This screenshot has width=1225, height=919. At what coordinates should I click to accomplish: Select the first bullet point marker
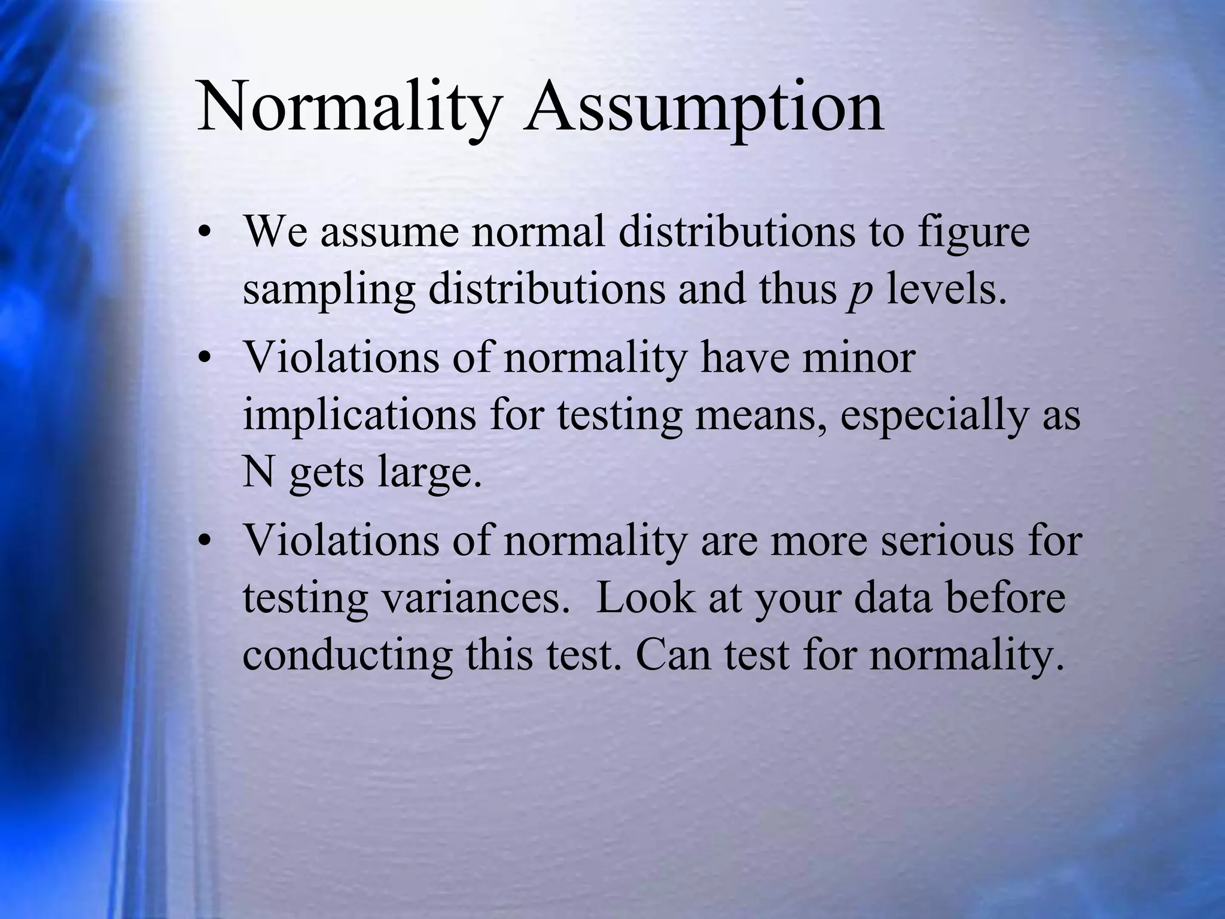(x=206, y=234)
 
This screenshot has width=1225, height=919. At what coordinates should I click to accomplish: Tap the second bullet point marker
(x=206, y=360)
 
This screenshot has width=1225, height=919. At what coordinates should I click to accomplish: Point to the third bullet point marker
(x=206, y=541)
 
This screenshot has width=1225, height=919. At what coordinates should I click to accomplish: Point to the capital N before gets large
(x=258, y=473)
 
